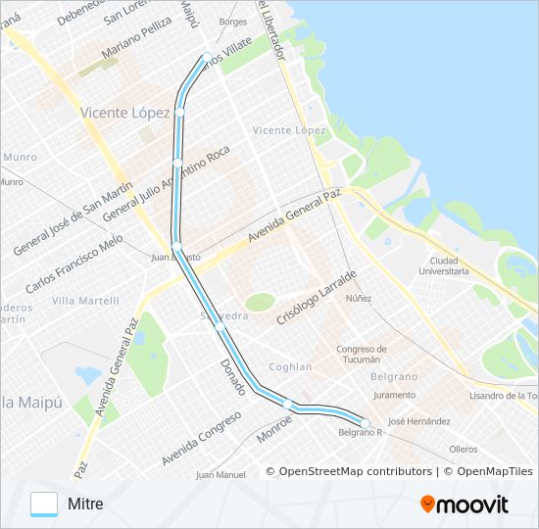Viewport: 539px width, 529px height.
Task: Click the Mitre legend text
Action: pos(85,504)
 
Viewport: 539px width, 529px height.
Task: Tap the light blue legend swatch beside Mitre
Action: pos(44,504)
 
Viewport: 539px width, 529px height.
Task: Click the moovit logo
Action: pos(465,504)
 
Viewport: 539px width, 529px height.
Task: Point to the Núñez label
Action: pos(358,297)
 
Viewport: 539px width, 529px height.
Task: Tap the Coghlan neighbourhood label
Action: pos(290,367)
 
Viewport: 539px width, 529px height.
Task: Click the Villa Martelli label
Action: pos(85,301)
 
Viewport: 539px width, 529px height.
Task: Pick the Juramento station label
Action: pos(394,395)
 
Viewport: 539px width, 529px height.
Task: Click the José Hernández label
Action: pos(418,421)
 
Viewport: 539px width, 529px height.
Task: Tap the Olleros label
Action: pos(463,449)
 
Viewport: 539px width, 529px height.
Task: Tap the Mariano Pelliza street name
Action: pos(128,56)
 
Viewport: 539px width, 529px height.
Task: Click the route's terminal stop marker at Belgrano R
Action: pos(365,423)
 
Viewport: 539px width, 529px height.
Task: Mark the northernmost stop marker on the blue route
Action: pos(207,56)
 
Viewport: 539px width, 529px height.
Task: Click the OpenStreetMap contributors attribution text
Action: pos(349,471)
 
